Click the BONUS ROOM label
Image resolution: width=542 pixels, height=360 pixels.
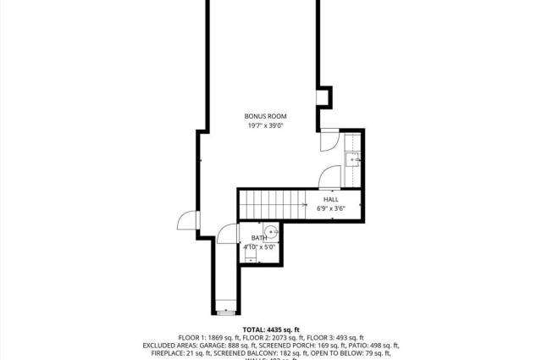(266, 115)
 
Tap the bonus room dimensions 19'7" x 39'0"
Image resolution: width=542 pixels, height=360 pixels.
(266, 125)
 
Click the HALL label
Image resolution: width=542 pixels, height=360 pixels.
(330, 199)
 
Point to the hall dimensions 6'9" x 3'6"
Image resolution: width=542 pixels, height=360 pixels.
(330, 208)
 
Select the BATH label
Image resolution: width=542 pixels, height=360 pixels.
(258, 238)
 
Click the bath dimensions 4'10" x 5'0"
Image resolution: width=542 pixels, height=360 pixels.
(259, 247)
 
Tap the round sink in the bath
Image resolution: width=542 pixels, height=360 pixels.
(271, 231)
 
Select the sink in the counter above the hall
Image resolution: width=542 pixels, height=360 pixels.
(354, 158)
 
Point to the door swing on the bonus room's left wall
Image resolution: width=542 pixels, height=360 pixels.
(186, 222)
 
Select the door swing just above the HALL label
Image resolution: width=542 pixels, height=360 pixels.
(329, 178)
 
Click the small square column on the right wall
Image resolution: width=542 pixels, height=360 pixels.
(324, 98)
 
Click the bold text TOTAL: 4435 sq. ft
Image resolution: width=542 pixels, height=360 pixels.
(271, 329)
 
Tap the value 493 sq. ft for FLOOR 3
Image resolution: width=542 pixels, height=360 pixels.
(349, 337)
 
